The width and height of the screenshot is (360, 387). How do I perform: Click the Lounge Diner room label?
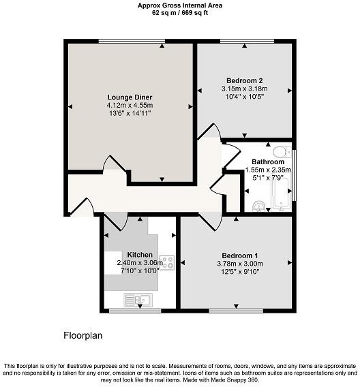[129, 96]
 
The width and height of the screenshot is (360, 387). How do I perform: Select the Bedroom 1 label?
[234, 248]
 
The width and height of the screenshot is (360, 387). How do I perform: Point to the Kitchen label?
[140, 254]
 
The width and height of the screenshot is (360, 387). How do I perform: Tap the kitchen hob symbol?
[167, 262]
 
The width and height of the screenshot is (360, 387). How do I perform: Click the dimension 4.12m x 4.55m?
[129, 105]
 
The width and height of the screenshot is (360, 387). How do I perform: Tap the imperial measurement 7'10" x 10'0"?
[139, 270]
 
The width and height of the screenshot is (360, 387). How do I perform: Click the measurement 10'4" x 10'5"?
[245, 97]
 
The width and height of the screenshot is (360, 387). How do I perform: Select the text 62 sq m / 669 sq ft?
[179, 12]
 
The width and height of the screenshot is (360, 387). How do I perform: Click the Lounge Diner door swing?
[109, 164]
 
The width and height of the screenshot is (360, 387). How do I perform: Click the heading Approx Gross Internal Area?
[179, 5]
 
